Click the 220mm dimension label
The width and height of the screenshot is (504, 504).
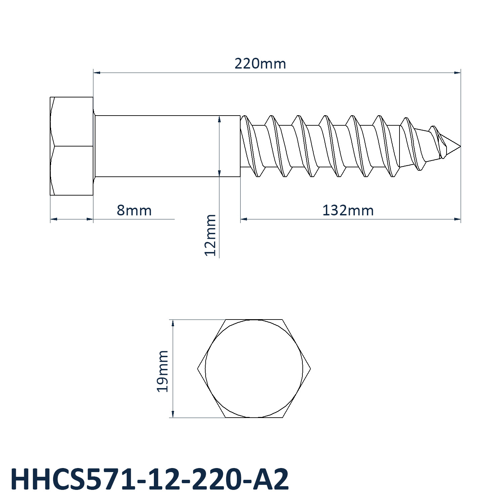(x=260, y=64)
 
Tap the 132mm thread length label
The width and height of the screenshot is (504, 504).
(x=348, y=211)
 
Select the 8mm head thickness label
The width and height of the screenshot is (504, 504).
(x=134, y=211)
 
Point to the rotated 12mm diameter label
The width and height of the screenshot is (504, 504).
(x=210, y=235)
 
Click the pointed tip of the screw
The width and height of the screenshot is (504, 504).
(x=460, y=146)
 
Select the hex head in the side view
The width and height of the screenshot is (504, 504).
(x=72, y=146)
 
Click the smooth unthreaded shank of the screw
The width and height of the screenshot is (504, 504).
(x=167, y=146)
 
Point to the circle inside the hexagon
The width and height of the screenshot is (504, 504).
(x=254, y=320)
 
